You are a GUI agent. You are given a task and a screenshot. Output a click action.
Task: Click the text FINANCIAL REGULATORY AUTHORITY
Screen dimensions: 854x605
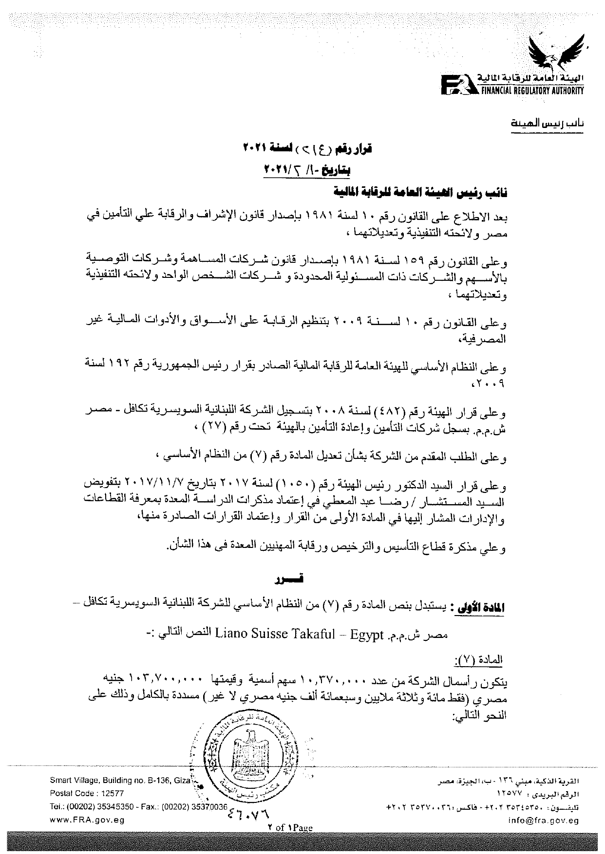tap(532, 91)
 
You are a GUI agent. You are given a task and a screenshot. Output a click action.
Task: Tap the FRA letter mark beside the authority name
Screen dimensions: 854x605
tap(455, 84)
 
